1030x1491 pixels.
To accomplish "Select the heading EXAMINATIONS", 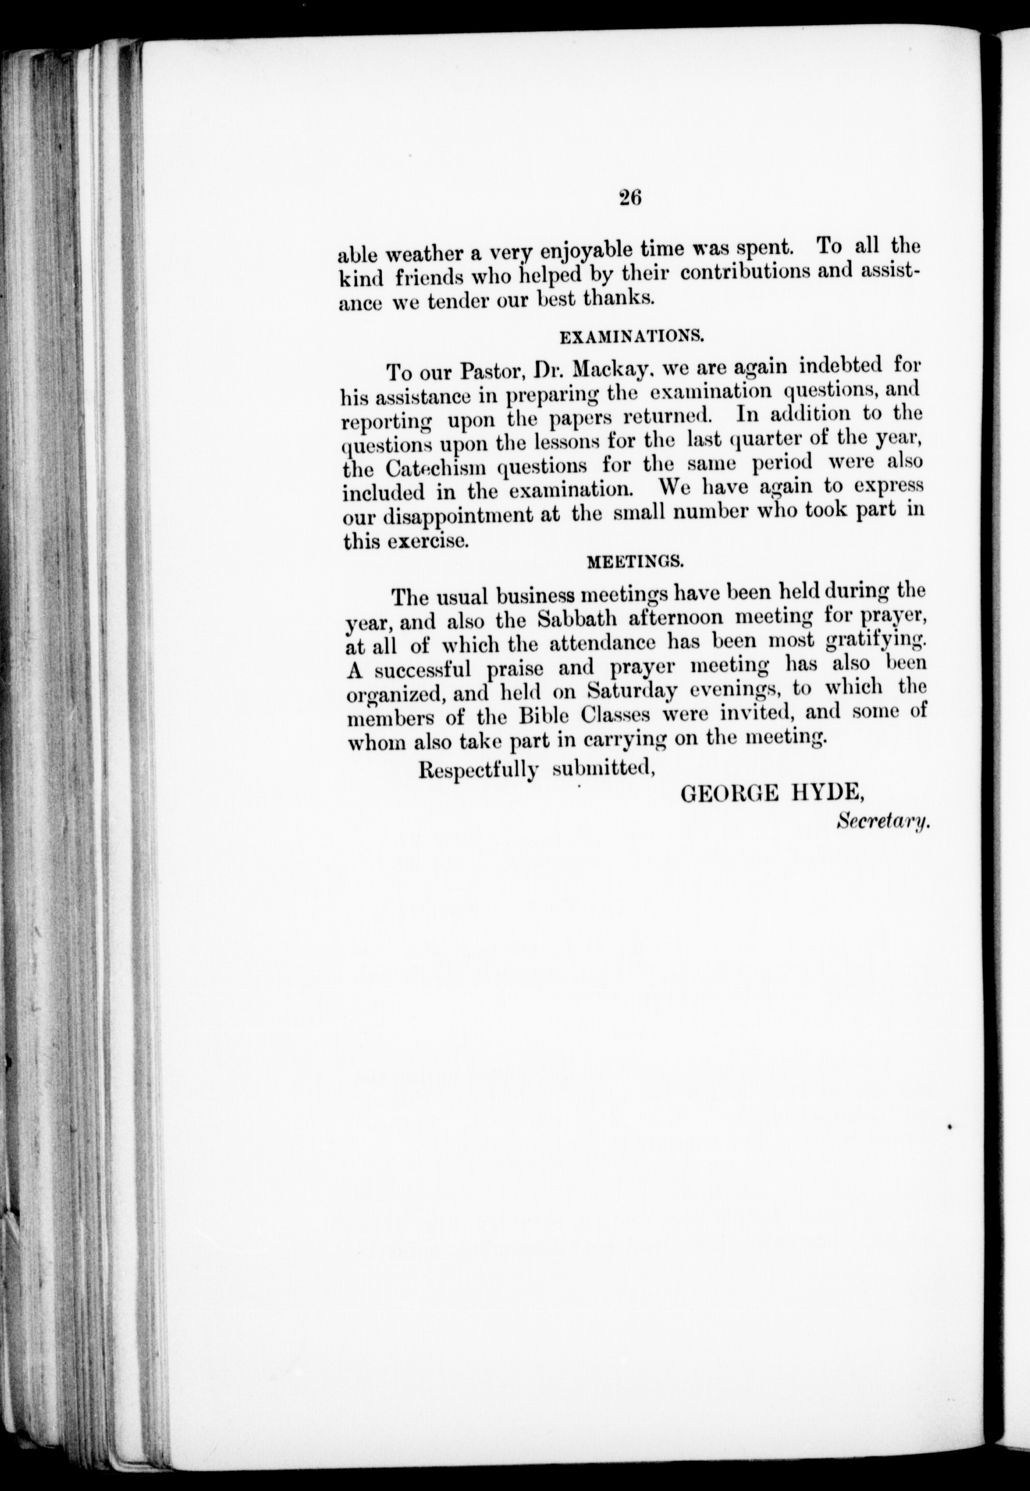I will [x=630, y=336].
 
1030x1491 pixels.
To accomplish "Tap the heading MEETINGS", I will [x=634, y=561].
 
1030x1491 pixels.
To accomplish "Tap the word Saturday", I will [x=632, y=690].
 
